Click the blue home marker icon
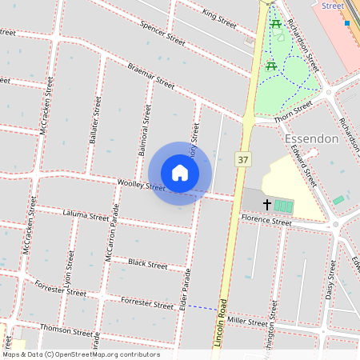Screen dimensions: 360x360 coord(180,173)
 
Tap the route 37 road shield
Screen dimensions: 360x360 coord(242,160)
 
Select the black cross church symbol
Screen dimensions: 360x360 coord(266,205)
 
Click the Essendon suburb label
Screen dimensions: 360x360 coord(311,138)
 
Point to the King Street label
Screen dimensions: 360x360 coord(219,18)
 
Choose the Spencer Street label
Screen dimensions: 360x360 coord(162,33)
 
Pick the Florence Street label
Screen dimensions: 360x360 coord(266,219)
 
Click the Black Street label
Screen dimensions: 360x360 coord(147,263)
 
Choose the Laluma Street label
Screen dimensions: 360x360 coord(86,216)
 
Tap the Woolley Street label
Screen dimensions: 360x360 coord(141,186)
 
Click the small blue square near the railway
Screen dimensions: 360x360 coord(347,23)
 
